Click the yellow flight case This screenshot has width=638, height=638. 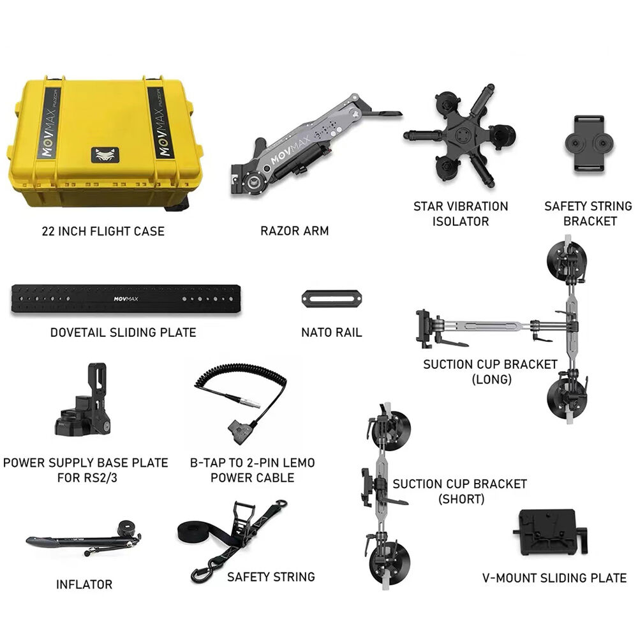pos(105,142)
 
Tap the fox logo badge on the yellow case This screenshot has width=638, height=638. pos(105,154)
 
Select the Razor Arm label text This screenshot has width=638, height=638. pos(295,231)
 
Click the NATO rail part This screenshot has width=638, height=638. pos(332,299)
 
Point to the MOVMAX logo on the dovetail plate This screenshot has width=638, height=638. pos(126,299)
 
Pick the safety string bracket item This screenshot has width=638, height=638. pos(589,144)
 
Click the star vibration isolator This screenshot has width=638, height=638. pos(460,137)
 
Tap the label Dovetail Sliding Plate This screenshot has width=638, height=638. pos(123,332)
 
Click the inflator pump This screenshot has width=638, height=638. pos(84,538)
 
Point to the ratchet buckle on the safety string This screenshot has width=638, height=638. pos(244,519)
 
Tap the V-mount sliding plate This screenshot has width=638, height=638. pos(550,532)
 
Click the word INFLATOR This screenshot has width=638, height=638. pos(84,584)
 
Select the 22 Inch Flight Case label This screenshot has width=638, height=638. pos(103,231)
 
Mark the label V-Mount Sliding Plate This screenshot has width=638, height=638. pos(554,578)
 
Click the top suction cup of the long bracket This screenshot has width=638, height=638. pos(567,260)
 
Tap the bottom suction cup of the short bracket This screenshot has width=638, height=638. pos(389,563)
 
